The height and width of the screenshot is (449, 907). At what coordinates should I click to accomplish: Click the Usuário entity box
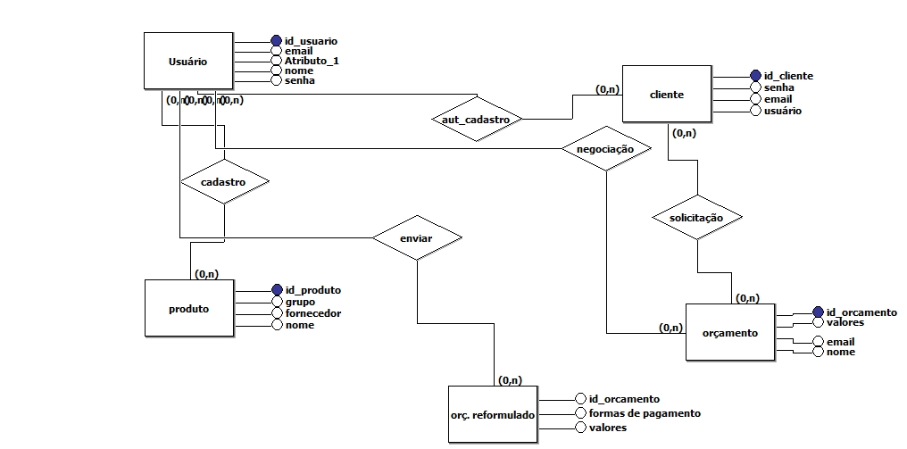click(188, 62)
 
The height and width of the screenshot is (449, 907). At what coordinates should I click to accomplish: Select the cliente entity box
click(667, 94)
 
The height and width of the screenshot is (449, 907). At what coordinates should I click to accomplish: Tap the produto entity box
click(188, 309)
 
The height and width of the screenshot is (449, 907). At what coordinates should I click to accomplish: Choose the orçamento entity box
click(729, 333)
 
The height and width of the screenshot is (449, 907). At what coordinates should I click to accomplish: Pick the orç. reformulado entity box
click(493, 415)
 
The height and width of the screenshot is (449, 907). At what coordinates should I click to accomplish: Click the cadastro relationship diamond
click(223, 181)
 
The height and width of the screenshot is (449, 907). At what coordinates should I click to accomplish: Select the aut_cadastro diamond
click(478, 118)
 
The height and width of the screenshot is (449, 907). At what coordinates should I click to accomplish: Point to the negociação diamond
click(605, 149)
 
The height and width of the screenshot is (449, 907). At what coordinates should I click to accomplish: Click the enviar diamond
click(416, 238)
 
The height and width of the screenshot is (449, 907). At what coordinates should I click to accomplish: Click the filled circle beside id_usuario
click(276, 41)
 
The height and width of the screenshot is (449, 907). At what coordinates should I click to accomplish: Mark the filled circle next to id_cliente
click(755, 76)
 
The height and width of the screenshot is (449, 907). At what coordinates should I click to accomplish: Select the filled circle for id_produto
click(277, 290)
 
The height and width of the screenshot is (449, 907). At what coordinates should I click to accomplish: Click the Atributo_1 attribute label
click(312, 61)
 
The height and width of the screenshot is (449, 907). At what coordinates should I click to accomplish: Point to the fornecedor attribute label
click(312, 313)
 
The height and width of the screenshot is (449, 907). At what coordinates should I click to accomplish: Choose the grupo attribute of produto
click(300, 302)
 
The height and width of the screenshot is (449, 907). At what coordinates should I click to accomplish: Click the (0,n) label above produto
click(207, 273)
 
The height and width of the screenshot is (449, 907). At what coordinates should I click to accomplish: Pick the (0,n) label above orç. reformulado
click(510, 380)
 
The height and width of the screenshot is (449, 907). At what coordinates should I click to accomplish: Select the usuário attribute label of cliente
click(782, 111)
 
